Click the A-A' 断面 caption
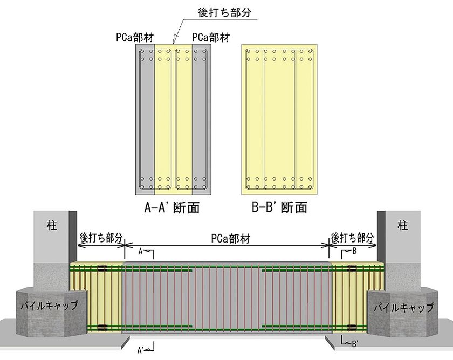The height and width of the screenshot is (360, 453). (172, 207)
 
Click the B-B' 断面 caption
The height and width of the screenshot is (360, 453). (279, 207)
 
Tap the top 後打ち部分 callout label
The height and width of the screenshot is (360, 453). (224, 12)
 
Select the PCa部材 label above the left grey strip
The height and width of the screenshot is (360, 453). (135, 38)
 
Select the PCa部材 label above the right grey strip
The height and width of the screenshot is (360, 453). (211, 38)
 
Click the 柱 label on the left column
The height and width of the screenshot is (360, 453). (52, 225)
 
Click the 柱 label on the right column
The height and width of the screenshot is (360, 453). (402, 225)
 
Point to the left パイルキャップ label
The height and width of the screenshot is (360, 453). (50, 306)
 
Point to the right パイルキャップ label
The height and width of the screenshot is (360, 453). (403, 307)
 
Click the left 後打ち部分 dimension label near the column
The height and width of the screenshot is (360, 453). (101, 238)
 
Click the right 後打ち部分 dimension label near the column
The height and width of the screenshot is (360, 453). (353, 238)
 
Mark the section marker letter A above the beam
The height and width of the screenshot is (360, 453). (141, 252)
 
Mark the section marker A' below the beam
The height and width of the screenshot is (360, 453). (141, 350)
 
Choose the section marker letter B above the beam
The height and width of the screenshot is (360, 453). (354, 252)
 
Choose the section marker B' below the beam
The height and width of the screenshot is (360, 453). (355, 344)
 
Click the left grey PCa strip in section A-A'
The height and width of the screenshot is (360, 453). (145, 119)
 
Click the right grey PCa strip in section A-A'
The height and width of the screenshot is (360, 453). (201, 119)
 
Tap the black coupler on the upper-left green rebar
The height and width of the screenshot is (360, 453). (102, 268)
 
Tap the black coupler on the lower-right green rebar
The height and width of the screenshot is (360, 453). (352, 327)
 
